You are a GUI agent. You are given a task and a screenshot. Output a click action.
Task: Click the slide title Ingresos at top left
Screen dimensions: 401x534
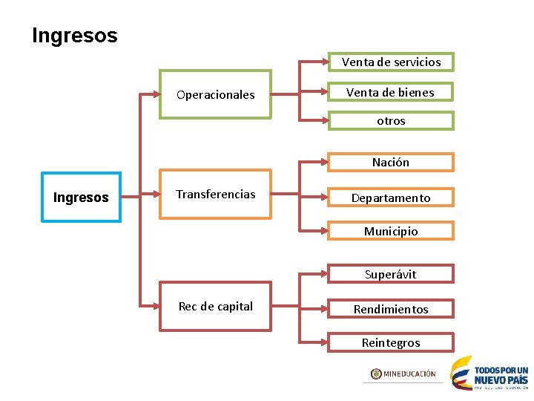pyautogui.click(x=75, y=35)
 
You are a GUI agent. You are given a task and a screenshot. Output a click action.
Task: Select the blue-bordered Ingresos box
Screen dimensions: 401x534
pyautogui.click(x=81, y=198)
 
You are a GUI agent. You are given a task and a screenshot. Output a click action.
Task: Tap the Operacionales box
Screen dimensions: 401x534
pyautogui.click(x=216, y=95)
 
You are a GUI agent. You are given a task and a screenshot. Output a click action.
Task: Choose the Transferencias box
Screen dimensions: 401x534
pyautogui.click(x=216, y=195)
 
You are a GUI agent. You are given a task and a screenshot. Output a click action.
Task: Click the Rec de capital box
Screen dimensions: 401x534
pyautogui.click(x=216, y=307)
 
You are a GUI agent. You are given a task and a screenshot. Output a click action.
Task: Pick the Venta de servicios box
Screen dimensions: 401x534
pyautogui.click(x=391, y=62)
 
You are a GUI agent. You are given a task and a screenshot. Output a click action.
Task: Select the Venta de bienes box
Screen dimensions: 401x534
pyautogui.click(x=391, y=92)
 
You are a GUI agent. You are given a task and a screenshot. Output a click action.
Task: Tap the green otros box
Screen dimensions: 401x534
pyautogui.click(x=391, y=120)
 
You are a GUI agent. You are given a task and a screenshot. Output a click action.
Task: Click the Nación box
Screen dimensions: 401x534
pyautogui.click(x=391, y=162)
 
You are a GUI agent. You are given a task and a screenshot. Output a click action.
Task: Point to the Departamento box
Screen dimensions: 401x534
pyautogui.click(x=391, y=198)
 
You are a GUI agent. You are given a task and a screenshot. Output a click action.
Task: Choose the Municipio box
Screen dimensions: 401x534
pyautogui.click(x=391, y=231)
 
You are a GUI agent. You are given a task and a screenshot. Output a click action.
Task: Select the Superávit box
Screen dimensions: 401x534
pyautogui.click(x=391, y=274)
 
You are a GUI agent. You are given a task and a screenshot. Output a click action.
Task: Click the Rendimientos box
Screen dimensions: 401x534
pyautogui.click(x=391, y=309)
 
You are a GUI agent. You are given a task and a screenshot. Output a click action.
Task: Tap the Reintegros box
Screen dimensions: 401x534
pyautogui.click(x=391, y=342)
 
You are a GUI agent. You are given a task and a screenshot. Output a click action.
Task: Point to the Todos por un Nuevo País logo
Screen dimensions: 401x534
pyautogui.click(x=490, y=373)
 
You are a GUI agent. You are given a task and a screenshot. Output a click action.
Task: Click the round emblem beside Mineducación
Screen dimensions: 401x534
pyautogui.click(x=376, y=374)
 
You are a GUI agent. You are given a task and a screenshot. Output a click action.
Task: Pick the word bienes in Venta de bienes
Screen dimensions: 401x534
pyautogui.click(x=416, y=92)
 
